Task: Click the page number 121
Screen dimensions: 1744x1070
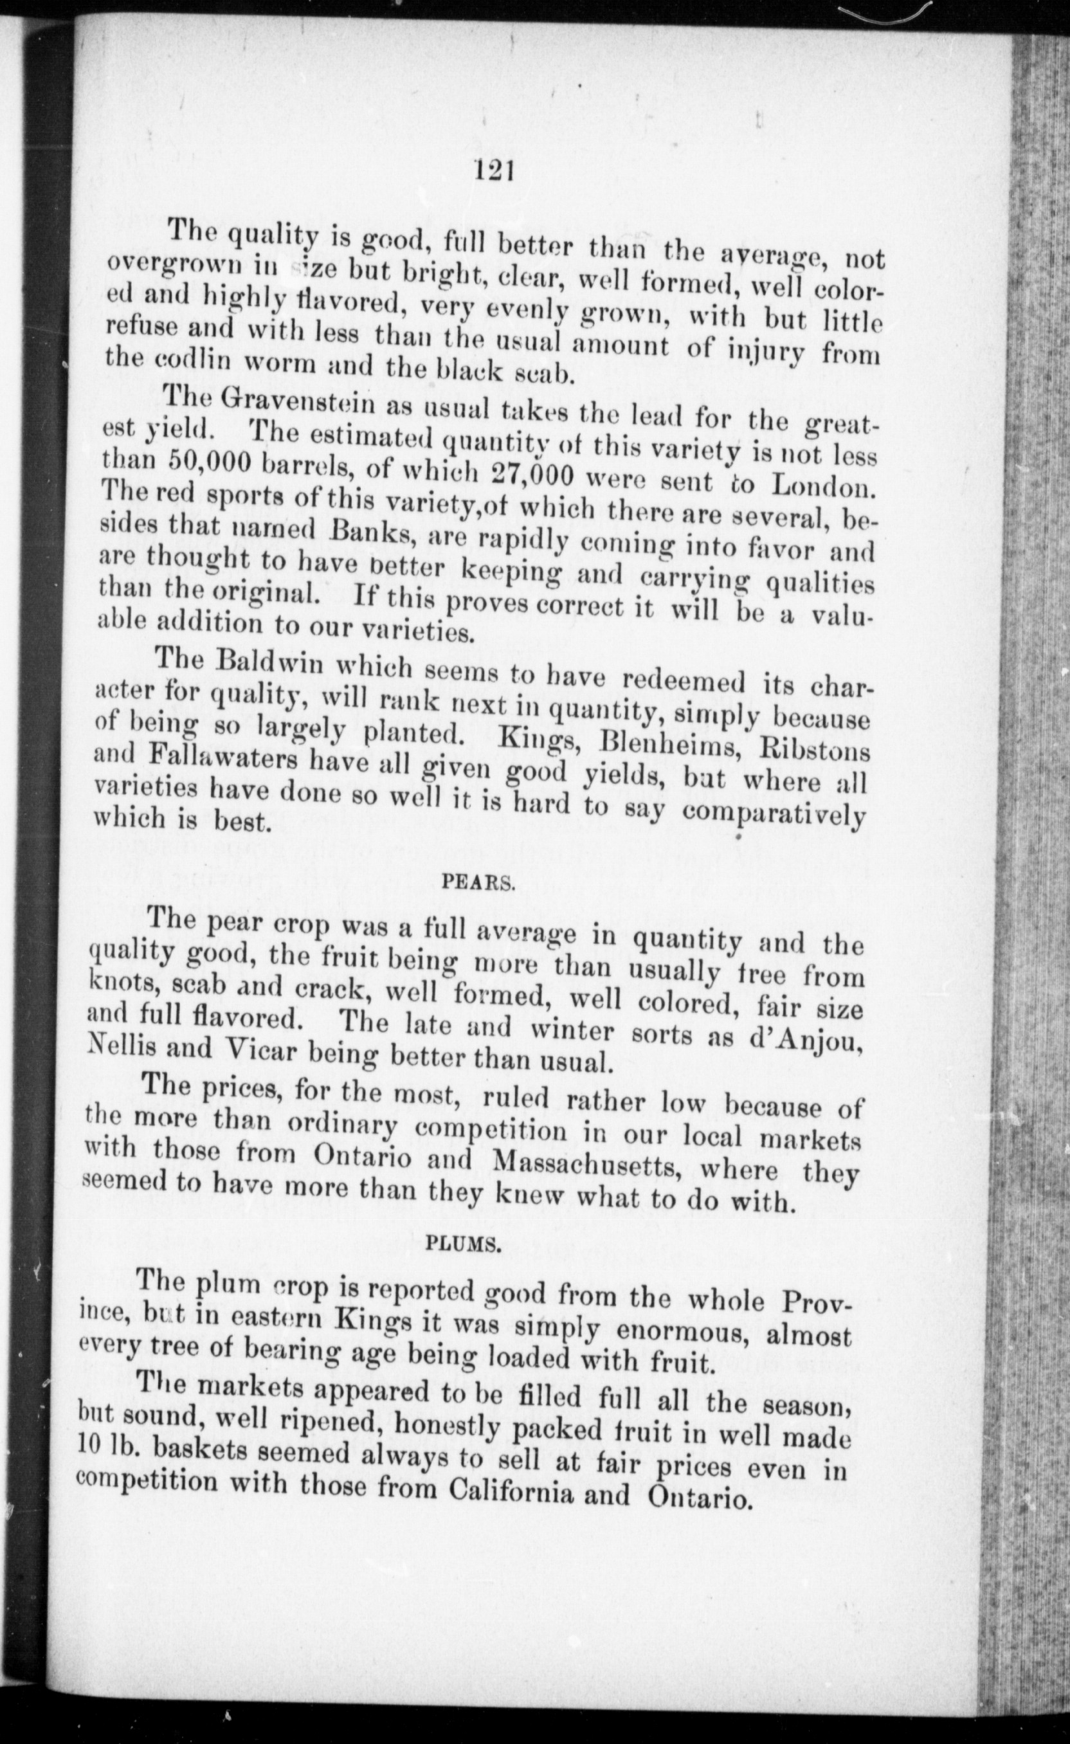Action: click(x=494, y=171)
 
